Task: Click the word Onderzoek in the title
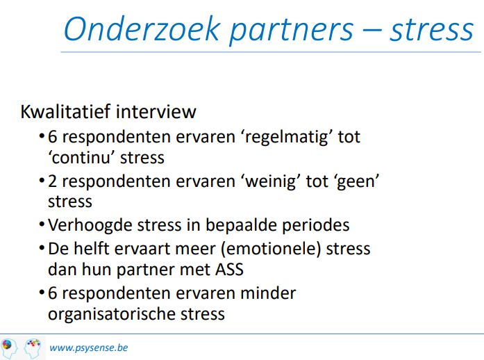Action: point(142,28)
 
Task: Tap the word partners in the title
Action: point(292,31)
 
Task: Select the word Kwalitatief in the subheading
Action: point(65,111)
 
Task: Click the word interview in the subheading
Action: point(156,111)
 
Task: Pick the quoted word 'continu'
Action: point(82,158)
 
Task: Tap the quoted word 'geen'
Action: point(358,181)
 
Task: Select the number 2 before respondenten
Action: point(53,181)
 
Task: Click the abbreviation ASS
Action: point(229,269)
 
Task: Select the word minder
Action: point(268,293)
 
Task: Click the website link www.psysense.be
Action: point(89,348)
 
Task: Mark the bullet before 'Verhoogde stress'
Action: point(42,224)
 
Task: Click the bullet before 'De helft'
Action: point(42,248)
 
